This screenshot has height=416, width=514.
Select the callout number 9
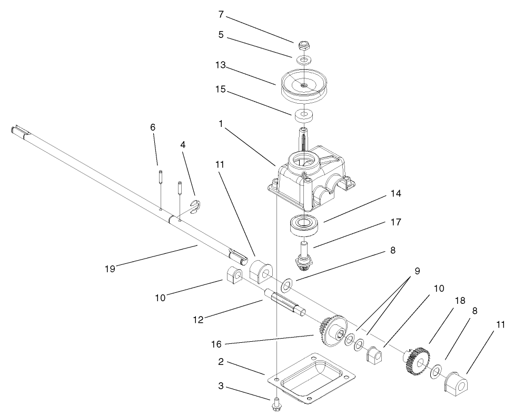point(417,272)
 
